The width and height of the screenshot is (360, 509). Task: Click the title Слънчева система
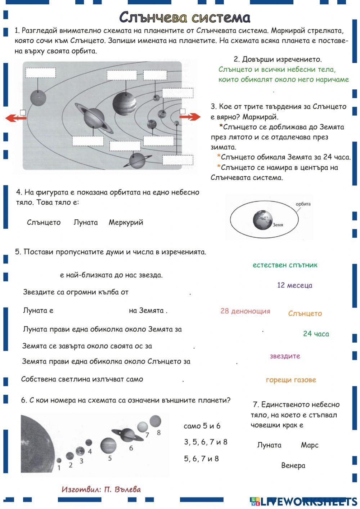pyautogui.click(x=184, y=17)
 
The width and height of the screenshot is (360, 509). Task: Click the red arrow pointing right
pyautogui.click(x=190, y=117)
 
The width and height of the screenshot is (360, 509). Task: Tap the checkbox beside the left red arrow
pyautogui.click(x=23, y=112)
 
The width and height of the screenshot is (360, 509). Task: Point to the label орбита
pyautogui.click(x=303, y=204)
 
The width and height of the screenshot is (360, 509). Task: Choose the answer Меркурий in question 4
pyautogui.click(x=126, y=222)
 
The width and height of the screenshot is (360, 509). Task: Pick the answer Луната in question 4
pyautogui.click(x=85, y=222)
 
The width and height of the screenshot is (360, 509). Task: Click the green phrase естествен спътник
pyautogui.click(x=285, y=265)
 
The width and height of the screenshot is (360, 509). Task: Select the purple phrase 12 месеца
pyautogui.click(x=294, y=285)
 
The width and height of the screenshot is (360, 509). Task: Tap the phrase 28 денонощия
pyautogui.click(x=245, y=311)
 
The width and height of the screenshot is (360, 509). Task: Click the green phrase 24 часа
pyautogui.click(x=316, y=334)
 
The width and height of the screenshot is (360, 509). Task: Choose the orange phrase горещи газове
pyautogui.click(x=291, y=380)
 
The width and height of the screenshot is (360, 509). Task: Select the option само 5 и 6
pyautogui.click(x=202, y=426)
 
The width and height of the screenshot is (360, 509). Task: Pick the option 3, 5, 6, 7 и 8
pyautogui.click(x=206, y=442)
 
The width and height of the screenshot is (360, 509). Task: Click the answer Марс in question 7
pyautogui.click(x=309, y=445)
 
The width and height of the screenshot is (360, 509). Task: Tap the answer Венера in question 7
pyautogui.click(x=293, y=465)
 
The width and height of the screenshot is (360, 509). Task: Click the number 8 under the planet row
pyautogui.click(x=158, y=433)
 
